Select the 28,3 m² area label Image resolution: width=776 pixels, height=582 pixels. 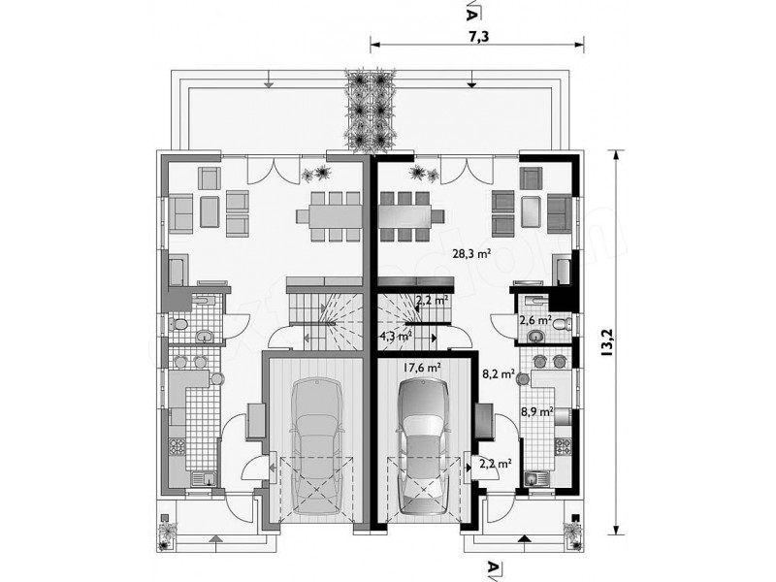coord(471,254)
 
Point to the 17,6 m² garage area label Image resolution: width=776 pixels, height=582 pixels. coord(422,368)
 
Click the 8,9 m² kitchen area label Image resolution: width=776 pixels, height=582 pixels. coord(537,411)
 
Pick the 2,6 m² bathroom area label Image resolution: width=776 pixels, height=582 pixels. coord(535,320)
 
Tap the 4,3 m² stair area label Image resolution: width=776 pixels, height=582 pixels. coord(396,337)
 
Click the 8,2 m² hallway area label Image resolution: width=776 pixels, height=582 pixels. coord(499,373)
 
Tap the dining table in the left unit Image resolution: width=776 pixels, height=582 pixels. coord(329,215)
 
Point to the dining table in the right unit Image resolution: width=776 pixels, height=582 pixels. coord(411,215)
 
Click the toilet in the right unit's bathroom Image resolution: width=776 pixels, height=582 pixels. coord(561,325)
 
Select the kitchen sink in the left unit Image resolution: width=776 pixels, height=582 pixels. coord(204,478)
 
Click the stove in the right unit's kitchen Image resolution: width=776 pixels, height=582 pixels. coord(563,446)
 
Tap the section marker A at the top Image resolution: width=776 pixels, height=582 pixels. coord(471,10)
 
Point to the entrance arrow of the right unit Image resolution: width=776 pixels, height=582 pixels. coord(526,538)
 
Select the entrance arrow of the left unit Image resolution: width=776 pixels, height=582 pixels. coord(214,538)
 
